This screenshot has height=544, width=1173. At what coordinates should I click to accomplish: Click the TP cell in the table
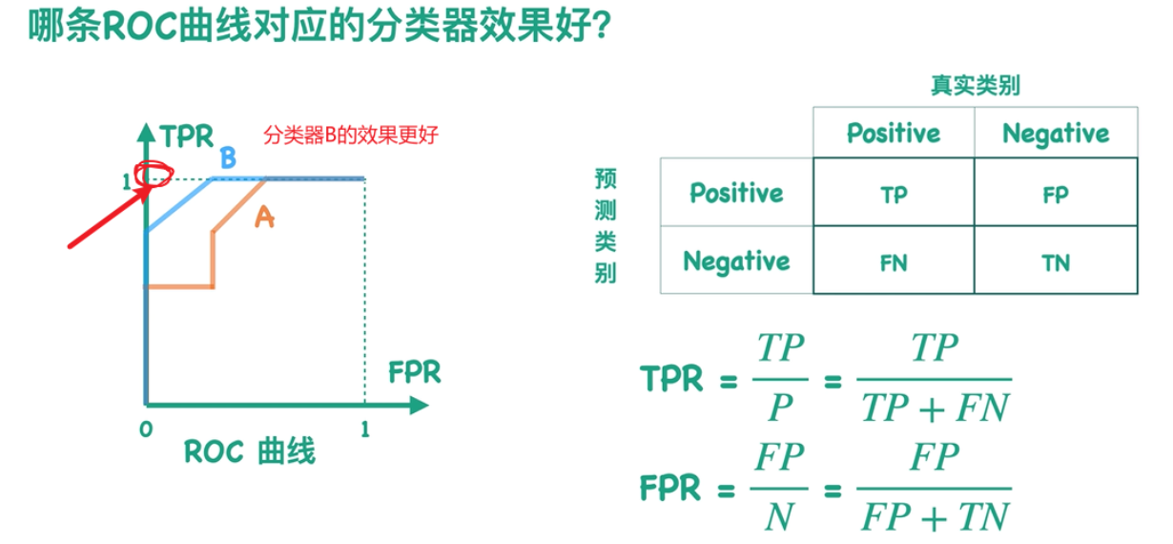894,194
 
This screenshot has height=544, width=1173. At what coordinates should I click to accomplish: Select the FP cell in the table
1055,194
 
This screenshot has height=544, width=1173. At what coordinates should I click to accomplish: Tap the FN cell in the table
894,262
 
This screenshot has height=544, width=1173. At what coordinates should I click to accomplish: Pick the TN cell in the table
1055,262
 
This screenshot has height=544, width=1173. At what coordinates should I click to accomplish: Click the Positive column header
894,133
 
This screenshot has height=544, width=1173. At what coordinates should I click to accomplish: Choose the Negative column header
1056,133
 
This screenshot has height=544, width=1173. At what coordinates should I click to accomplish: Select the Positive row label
736,193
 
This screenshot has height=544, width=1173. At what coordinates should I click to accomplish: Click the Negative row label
736,261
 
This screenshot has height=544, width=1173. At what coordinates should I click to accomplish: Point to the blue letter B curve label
228,158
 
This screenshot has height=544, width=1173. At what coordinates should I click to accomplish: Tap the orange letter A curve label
264,219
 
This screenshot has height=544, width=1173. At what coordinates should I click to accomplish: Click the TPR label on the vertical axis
187,136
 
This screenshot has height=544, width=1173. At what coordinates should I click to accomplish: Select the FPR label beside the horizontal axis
415,371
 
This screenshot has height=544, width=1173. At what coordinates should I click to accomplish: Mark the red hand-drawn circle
153,176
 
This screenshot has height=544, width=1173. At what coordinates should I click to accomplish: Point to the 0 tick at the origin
146,429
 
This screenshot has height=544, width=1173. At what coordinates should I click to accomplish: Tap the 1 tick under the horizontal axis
364,429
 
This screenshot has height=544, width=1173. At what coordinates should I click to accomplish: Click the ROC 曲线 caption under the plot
249,450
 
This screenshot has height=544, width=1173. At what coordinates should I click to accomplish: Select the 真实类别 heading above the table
976,86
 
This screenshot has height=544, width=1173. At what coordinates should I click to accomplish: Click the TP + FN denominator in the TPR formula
934,408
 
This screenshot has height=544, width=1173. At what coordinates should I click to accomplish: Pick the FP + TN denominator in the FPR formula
934,517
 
